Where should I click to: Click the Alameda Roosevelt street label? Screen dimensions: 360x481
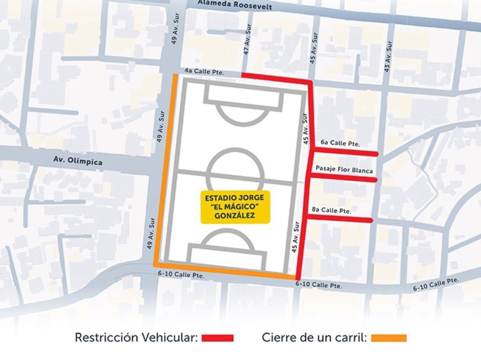click(235, 5)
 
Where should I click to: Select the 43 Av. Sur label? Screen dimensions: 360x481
click(387, 56)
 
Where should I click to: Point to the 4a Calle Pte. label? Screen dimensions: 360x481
click(204, 72)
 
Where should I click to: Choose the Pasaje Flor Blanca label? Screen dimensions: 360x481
click(344, 170)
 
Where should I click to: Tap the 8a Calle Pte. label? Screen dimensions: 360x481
click(331, 210)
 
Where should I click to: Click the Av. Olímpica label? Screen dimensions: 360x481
click(78, 161)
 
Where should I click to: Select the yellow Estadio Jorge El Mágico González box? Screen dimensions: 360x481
click(235, 207)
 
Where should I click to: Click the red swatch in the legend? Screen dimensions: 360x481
click(217, 338)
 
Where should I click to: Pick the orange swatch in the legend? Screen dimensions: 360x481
click(388, 338)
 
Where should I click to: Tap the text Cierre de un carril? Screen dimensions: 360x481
click(315, 338)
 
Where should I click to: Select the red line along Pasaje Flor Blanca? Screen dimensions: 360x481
click(343, 178)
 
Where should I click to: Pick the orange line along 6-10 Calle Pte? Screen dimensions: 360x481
click(224, 272)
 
